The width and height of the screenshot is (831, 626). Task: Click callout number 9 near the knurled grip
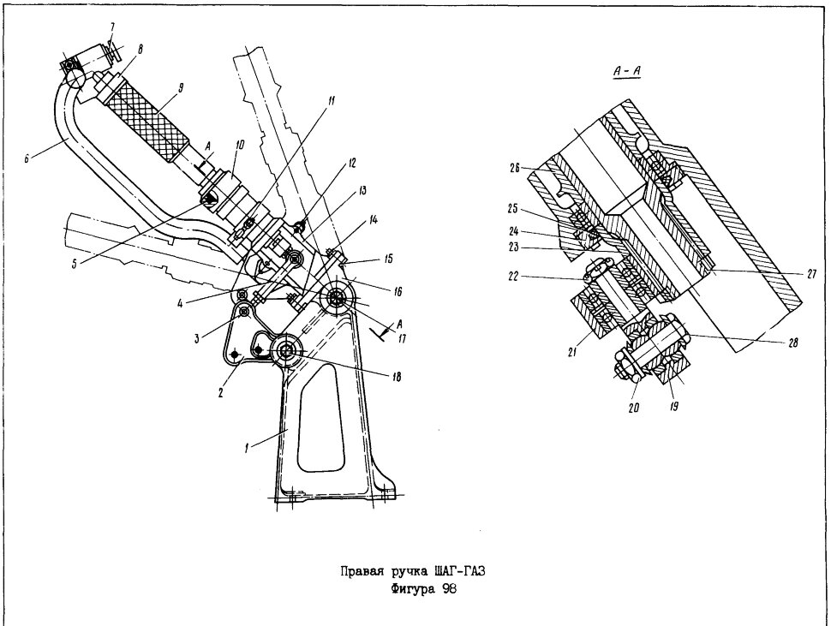(x=181, y=88)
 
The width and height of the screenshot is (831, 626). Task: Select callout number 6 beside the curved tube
(x=27, y=158)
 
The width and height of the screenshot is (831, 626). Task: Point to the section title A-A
(x=626, y=70)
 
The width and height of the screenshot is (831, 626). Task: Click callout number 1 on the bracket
(x=246, y=449)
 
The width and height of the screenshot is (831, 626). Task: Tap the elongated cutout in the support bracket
(x=321, y=416)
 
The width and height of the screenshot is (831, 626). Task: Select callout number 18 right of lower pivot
(x=396, y=377)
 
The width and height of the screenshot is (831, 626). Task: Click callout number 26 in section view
(x=514, y=169)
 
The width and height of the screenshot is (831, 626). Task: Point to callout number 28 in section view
(x=792, y=343)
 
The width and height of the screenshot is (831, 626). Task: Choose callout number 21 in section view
(x=572, y=351)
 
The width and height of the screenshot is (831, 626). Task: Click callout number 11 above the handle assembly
(x=331, y=100)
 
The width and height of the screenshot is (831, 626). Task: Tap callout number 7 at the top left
(x=112, y=27)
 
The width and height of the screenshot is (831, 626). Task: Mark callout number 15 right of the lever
(x=388, y=259)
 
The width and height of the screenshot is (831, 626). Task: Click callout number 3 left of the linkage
(x=197, y=339)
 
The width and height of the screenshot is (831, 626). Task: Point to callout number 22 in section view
(x=512, y=277)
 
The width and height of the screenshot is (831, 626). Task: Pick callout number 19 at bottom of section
(x=673, y=406)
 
